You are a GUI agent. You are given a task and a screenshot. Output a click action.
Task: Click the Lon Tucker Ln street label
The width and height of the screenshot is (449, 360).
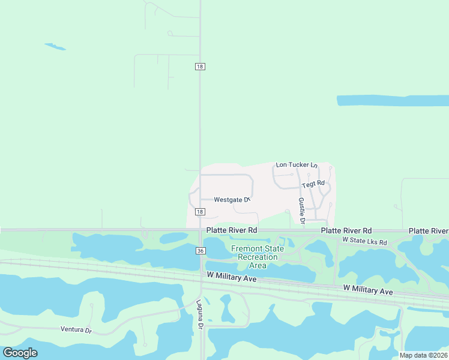click(x=296, y=164)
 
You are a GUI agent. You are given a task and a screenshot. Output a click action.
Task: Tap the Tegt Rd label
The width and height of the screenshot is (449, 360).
click(x=313, y=184)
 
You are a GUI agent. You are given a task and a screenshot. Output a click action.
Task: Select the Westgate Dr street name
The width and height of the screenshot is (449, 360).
click(x=231, y=199)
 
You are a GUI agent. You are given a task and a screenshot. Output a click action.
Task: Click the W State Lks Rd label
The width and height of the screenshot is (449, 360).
click(x=364, y=241)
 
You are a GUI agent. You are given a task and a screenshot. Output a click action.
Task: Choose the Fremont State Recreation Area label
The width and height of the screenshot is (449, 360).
click(x=258, y=257)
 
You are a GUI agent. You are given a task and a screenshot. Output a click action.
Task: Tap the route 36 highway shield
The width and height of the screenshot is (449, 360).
click(x=200, y=251)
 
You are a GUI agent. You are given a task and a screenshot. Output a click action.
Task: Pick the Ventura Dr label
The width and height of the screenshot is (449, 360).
click(x=76, y=329)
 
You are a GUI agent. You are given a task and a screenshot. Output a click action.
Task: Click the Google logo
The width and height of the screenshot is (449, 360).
click(x=20, y=353)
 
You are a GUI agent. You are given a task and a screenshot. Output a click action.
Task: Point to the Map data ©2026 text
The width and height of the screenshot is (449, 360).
click(x=423, y=355)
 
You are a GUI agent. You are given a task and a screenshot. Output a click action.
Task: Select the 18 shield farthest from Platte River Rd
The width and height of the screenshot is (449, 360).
click(x=200, y=67)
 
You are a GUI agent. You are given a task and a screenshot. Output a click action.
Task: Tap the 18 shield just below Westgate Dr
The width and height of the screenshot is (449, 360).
click(x=200, y=212)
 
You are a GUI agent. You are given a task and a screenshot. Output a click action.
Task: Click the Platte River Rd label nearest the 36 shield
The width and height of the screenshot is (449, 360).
click(x=232, y=230)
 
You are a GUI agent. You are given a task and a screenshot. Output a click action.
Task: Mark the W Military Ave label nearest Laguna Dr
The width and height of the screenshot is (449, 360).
click(x=232, y=277)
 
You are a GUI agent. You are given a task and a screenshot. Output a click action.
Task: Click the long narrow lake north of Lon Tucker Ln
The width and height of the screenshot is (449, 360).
click(x=393, y=100)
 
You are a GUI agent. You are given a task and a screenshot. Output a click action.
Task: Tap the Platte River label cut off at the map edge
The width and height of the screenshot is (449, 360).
click(x=429, y=231)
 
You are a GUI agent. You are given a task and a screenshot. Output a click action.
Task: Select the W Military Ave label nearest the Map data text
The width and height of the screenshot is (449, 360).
click(x=369, y=290)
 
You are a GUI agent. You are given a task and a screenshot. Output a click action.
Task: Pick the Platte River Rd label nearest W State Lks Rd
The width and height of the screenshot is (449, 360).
click(x=346, y=230)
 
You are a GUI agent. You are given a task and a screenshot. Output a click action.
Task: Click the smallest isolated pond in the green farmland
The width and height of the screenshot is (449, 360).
click(x=55, y=46)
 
